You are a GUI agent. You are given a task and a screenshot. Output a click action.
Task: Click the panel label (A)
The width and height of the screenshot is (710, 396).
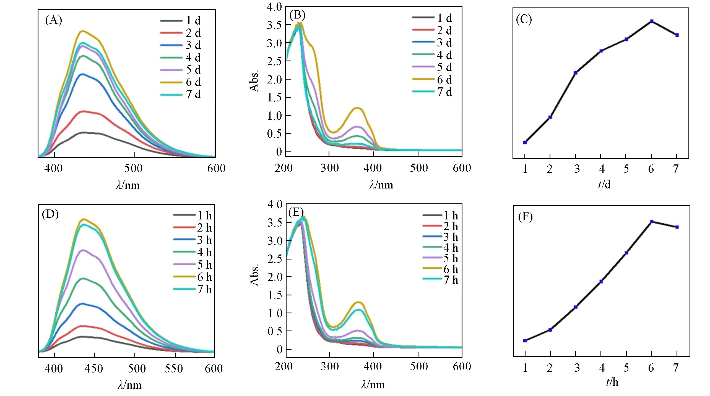(54, 20)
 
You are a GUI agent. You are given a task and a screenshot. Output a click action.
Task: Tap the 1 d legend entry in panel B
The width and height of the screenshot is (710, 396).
(432, 18)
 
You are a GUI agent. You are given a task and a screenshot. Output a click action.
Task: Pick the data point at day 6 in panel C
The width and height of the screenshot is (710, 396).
(652, 21)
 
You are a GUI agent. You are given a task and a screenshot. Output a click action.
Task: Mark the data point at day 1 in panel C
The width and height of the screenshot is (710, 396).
(525, 142)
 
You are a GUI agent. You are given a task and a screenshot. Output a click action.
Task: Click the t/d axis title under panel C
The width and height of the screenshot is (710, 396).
(604, 184)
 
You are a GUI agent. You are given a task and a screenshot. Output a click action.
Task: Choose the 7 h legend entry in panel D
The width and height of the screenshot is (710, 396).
(193, 289)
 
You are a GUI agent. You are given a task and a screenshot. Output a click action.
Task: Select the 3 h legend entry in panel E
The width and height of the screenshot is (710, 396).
(441, 237)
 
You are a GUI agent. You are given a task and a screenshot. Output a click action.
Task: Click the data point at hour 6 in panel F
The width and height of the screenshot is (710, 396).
(652, 222)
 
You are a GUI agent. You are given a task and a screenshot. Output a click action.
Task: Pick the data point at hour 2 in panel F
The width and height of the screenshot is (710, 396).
(550, 330)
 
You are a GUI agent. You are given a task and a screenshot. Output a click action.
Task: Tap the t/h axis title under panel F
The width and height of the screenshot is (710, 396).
(612, 382)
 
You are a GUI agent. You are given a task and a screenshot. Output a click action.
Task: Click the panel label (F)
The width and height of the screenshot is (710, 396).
(525, 217)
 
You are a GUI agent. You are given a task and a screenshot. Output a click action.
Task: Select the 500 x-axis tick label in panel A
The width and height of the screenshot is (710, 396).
(133, 168)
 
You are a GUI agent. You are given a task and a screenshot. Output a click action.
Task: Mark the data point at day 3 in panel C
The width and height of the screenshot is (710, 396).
(576, 73)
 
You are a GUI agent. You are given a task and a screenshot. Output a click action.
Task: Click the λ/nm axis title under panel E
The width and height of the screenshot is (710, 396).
(373, 384)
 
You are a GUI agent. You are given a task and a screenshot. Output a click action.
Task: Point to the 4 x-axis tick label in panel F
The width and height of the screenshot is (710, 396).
(602, 368)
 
